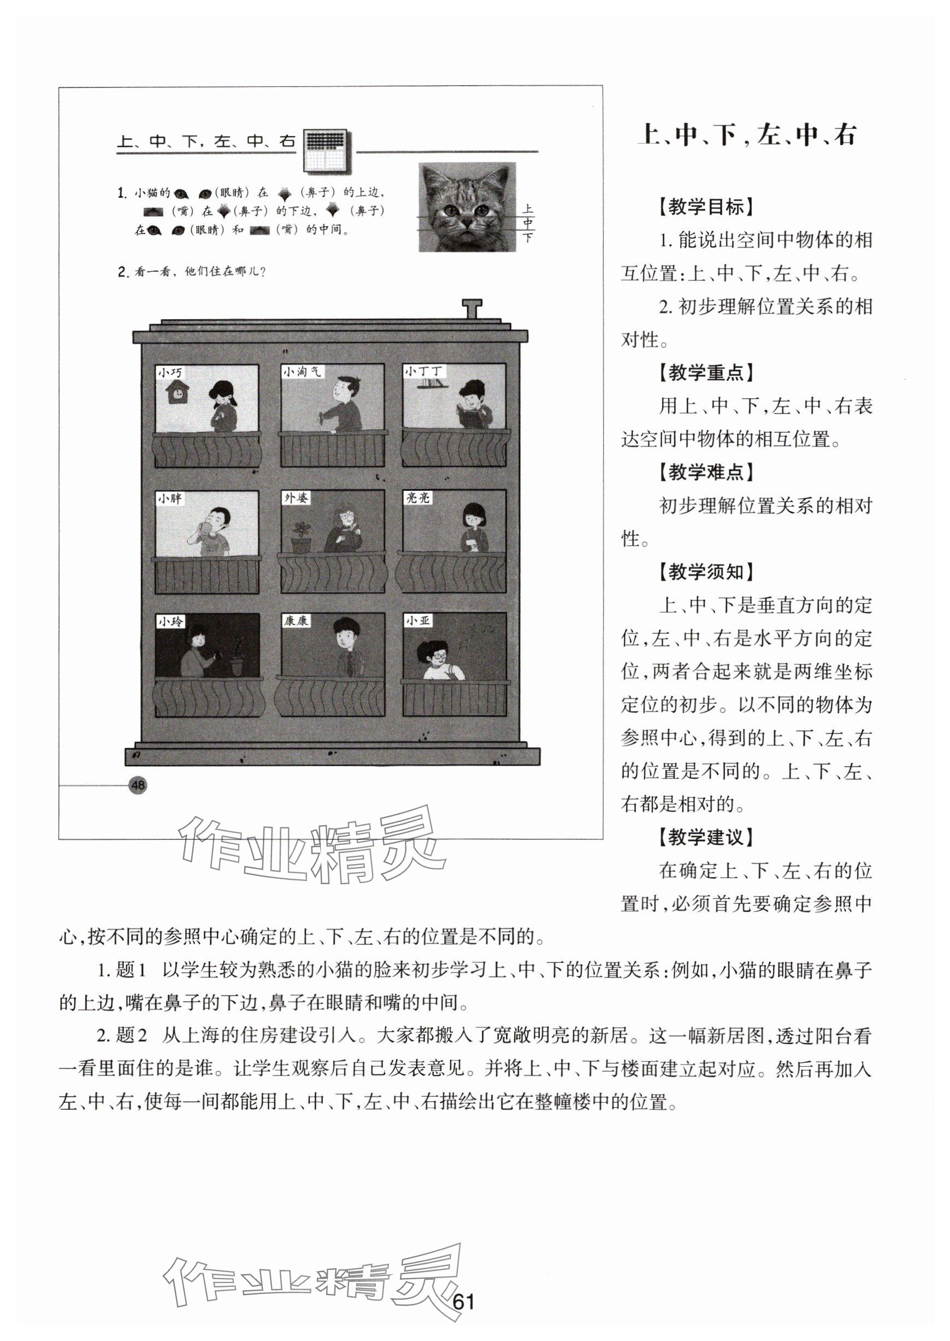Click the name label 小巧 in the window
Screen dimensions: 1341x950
click(170, 372)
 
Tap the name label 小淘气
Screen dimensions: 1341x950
click(302, 372)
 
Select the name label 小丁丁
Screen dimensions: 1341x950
click(424, 371)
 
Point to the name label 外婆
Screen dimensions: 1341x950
click(296, 498)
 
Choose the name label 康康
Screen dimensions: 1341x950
click(296, 621)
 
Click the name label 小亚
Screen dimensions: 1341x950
click(418, 621)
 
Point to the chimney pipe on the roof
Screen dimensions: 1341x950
click(471, 308)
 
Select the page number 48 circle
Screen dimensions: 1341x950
click(138, 785)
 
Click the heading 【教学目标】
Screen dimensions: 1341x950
click(706, 207)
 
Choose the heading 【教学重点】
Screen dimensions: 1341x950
click(706, 373)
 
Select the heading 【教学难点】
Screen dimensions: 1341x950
click(706, 472)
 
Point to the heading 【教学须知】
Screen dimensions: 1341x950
click(706, 572)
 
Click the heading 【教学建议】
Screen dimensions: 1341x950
click(706, 837)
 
